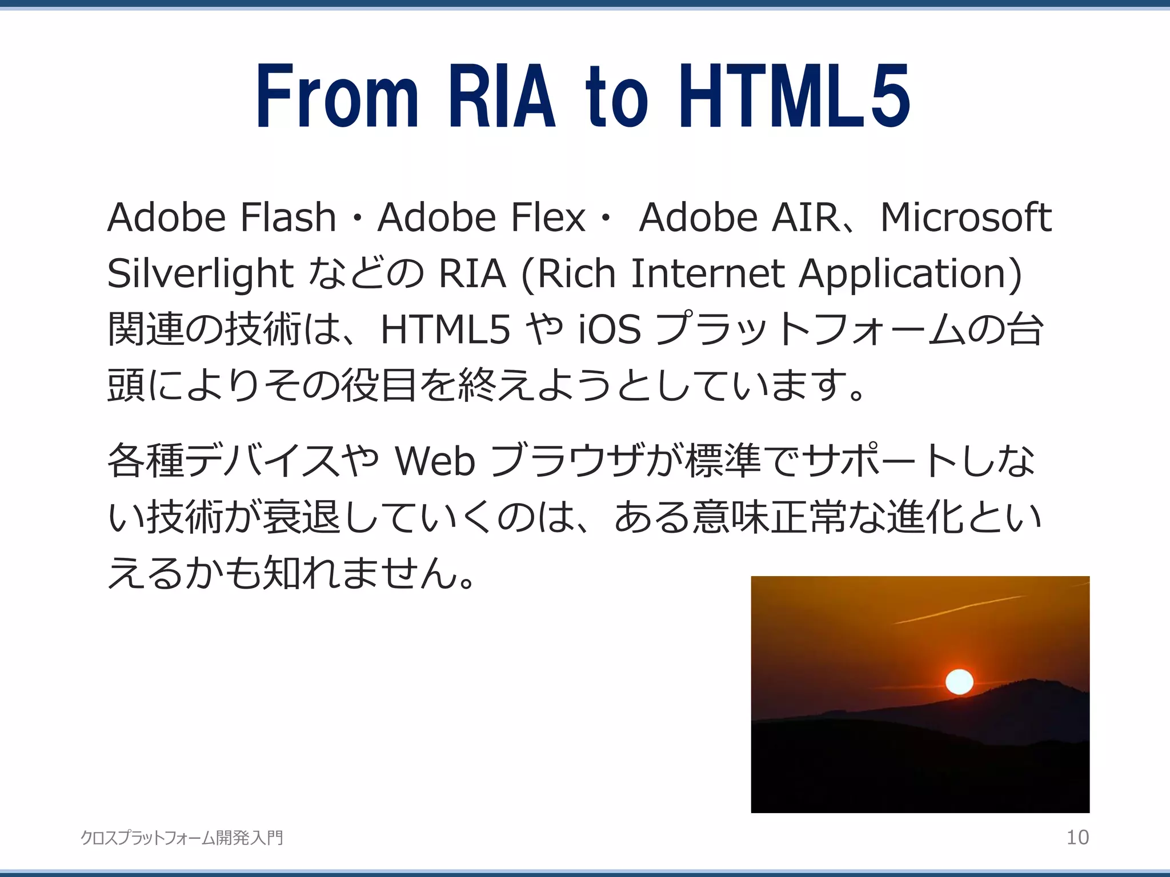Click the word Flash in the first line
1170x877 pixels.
(287, 218)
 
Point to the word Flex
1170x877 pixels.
(548, 218)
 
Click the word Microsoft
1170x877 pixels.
(965, 218)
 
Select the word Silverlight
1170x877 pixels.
(200, 273)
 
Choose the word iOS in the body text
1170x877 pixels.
(610, 329)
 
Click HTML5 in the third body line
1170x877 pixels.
(445, 329)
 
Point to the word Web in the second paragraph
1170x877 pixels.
(435, 461)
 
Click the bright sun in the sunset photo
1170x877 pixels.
(959, 682)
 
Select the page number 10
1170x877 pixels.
(1077, 838)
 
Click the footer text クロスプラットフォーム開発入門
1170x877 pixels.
(182, 838)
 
